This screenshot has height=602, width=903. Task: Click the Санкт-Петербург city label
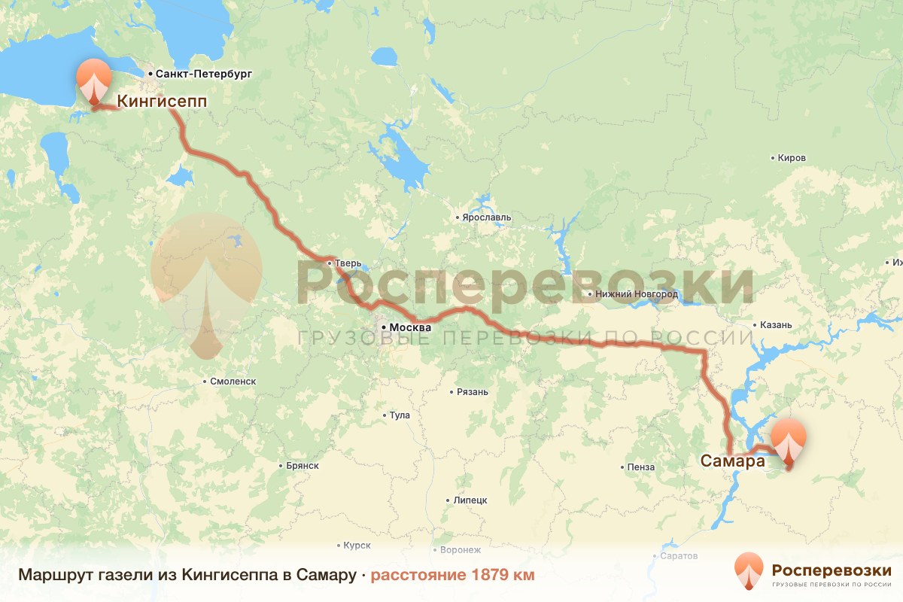point(203,74)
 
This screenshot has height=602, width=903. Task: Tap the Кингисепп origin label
point(162,100)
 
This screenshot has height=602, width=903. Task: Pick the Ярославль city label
point(486,217)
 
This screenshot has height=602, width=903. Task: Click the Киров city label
point(792,158)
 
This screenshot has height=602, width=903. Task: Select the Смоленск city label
point(233,382)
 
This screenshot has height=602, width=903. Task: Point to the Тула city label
point(399,415)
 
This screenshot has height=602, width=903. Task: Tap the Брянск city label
point(303,466)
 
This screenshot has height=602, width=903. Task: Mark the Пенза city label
point(640,467)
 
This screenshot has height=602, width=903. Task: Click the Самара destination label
point(733,461)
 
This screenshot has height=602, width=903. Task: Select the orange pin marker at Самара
point(789,440)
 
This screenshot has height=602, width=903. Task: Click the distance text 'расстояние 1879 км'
point(452,576)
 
